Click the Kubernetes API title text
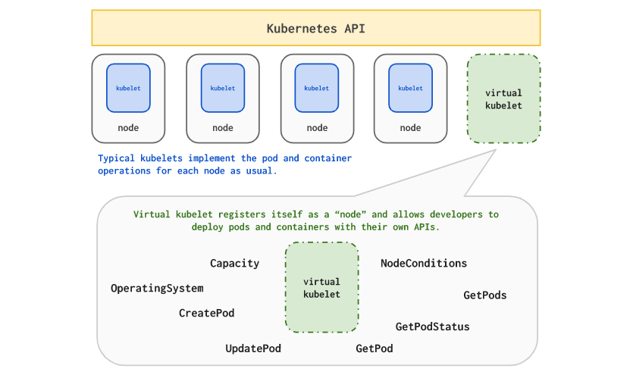pyautogui.click(x=315, y=29)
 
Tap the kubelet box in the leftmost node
pyautogui.click(x=128, y=88)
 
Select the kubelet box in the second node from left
pyautogui.click(x=223, y=88)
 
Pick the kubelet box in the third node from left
pyautogui.click(x=317, y=88)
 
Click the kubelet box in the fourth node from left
pyautogui.click(x=411, y=88)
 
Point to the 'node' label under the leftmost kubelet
pyautogui.click(x=128, y=128)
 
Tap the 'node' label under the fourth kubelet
pyautogui.click(x=411, y=128)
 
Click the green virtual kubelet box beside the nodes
pyautogui.click(x=503, y=98)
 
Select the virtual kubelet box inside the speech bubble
pyautogui.click(x=321, y=288)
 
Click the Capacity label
pyautogui.click(x=234, y=264)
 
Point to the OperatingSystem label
pyautogui.click(x=157, y=289)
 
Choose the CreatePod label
pyautogui.click(x=207, y=313)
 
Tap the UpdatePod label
pyautogui.click(x=253, y=348)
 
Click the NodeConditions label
pyautogui.click(x=424, y=264)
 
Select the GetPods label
pyautogui.click(x=485, y=295)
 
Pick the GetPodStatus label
pyautogui.click(x=432, y=326)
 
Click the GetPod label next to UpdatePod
pyautogui.click(x=374, y=348)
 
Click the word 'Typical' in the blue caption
pyautogui.click(x=116, y=158)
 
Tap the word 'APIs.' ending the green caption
pyautogui.click(x=426, y=227)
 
